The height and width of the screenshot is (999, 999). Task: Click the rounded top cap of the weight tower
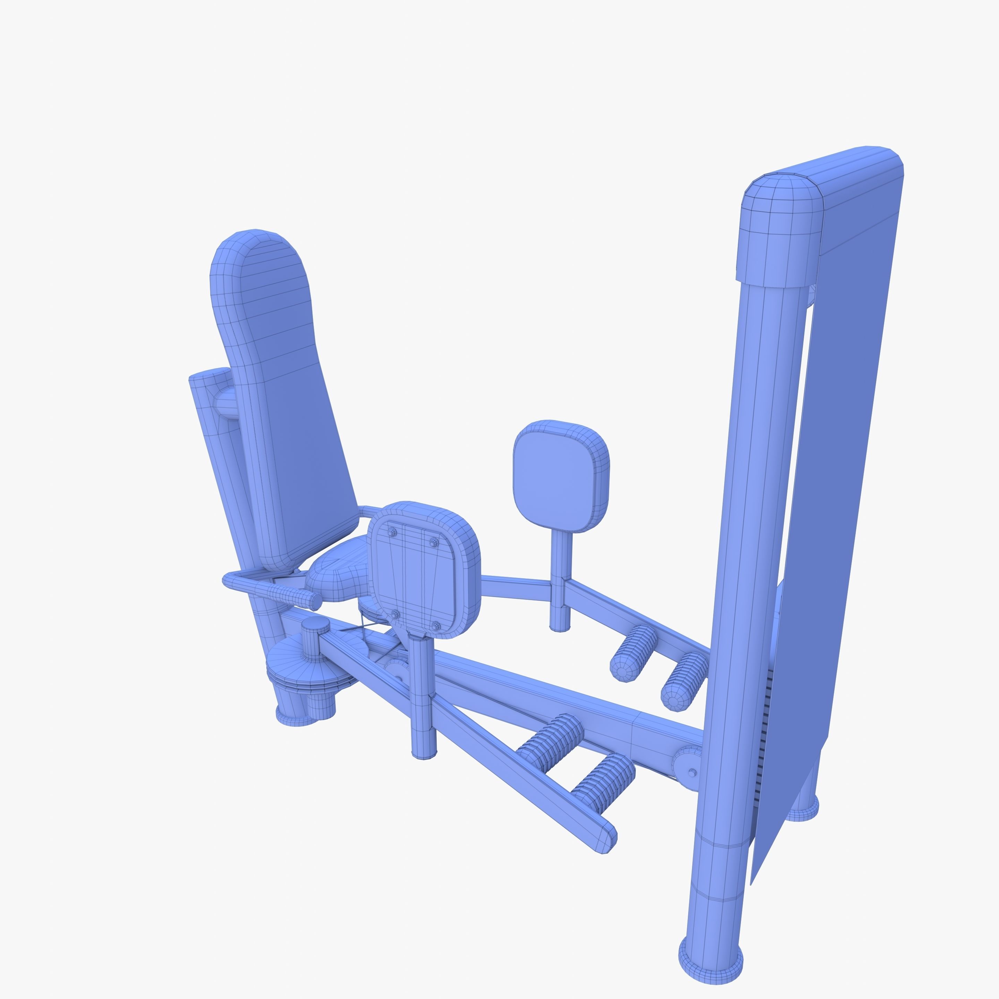pos(781,233)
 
